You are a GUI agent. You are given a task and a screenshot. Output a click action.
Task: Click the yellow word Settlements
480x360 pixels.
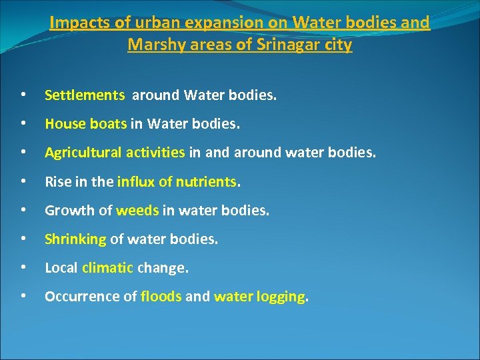85,95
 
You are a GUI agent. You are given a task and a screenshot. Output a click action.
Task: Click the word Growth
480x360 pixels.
65,211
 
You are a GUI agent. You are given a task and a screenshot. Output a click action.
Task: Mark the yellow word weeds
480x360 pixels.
137,211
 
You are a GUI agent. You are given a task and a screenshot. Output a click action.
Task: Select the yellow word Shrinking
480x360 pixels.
75,239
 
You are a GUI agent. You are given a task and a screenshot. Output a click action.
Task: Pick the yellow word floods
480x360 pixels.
161,297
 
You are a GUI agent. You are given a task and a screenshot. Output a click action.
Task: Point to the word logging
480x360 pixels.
280,297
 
